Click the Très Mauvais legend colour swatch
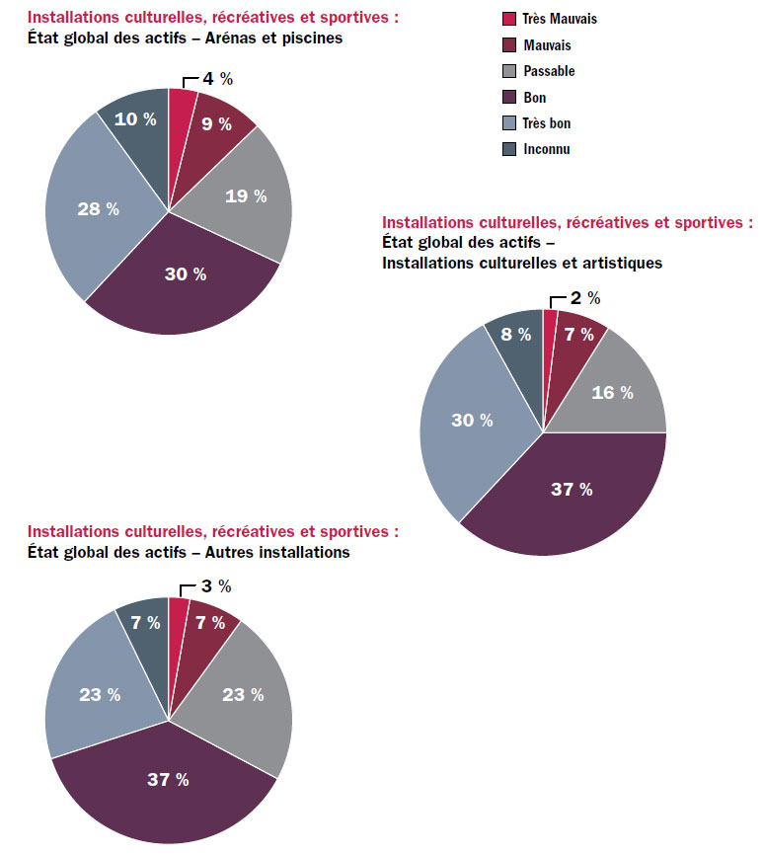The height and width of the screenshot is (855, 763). tap(509, 19)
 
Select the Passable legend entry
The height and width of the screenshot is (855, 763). tap(549, 71)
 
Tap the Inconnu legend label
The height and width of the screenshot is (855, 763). tap(546, 149)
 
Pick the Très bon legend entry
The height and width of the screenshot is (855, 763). tap(547, 123)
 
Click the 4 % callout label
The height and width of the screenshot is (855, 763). tap(217, 79)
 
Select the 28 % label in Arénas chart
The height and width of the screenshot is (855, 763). tap(98, 208)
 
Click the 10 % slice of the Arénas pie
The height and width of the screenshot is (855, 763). tap(136, 118)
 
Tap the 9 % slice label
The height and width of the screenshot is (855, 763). tap(216, 124)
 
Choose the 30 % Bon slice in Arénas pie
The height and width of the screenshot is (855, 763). tap(186, 274)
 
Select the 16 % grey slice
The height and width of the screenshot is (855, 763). tap(612, 393)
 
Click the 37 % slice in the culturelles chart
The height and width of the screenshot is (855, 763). tap(572, 490)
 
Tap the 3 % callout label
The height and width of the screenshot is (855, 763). tap(215, 586)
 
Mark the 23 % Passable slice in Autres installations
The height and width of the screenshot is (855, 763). tap(243, 694)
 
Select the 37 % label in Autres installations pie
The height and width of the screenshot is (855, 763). tap(168, 780)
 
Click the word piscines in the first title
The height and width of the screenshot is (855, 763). tap(310, 39)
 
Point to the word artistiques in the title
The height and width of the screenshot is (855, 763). tap(618, 263)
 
